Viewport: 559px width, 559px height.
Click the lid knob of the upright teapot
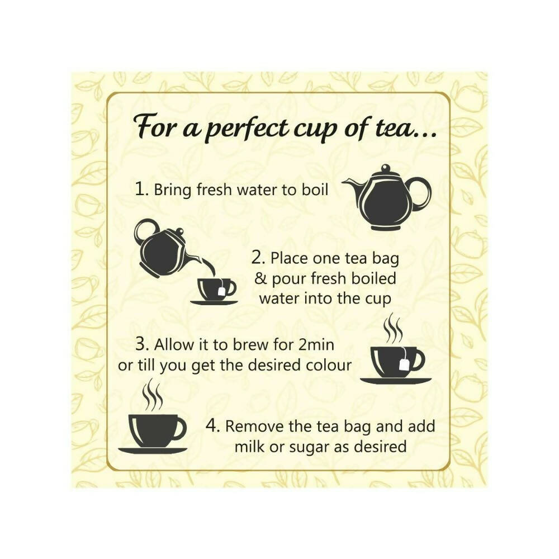tap(385, 168)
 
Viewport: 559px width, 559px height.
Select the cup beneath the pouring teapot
tap(215, 289)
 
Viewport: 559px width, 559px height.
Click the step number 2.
tap(258, 259)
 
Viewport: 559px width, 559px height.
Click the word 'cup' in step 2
tap(379, 298)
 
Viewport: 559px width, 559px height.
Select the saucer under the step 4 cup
tap(153, 450)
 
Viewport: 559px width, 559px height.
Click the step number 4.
tap(212, 426)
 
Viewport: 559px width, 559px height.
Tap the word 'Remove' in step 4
tap(252, 427)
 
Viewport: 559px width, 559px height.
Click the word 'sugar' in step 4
tap(318, 447)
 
